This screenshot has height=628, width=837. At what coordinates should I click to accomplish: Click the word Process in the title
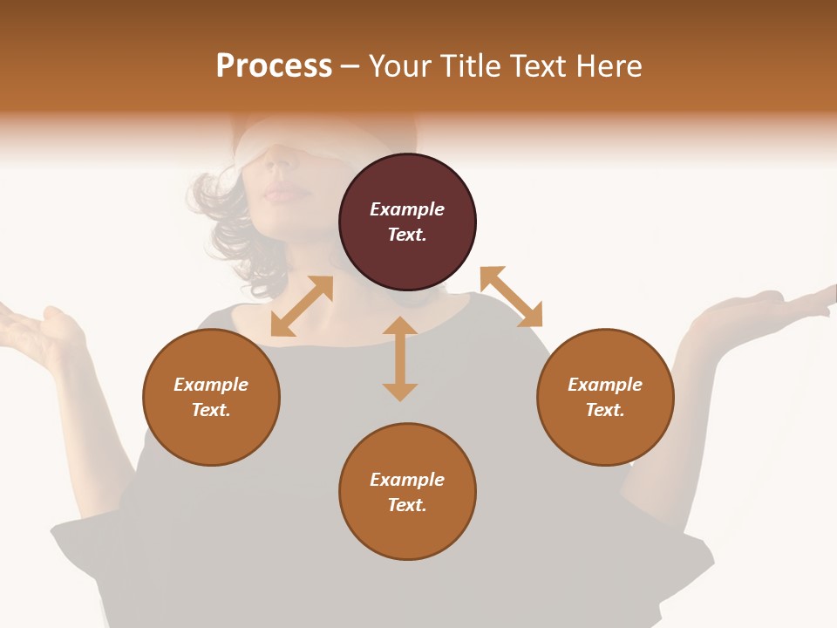(274, 66)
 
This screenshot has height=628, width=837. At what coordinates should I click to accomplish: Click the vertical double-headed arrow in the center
(400, 358)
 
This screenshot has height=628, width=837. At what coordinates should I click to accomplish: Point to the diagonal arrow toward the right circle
(512, 297)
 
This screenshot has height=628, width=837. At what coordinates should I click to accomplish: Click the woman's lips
(281, 191)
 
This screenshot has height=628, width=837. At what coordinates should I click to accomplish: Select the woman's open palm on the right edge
(759, 311)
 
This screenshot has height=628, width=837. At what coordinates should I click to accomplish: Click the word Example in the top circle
(407, 209)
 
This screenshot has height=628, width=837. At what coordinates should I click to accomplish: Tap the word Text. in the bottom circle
(407, 505)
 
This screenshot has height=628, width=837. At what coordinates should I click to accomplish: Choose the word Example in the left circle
(211, 385)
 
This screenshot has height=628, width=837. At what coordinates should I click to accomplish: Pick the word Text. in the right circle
(605, 410)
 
